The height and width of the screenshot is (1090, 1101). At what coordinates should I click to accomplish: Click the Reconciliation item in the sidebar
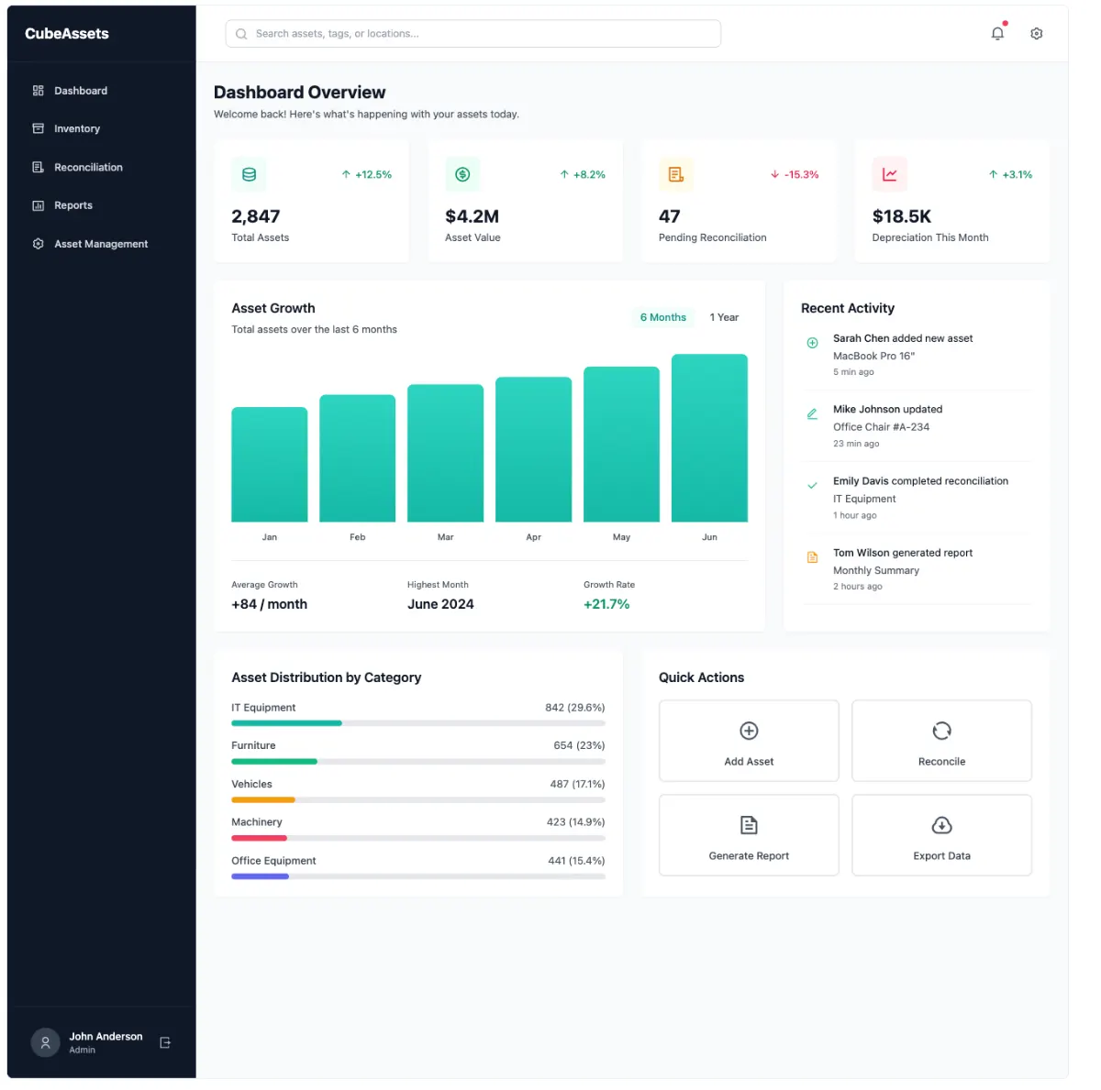tap(88, 168)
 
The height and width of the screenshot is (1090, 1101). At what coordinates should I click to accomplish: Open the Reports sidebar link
tap(73, 205)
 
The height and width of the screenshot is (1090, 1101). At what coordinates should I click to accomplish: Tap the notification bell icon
tap(997, 34)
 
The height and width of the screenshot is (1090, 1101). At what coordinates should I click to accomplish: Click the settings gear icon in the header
tap(1036, 34)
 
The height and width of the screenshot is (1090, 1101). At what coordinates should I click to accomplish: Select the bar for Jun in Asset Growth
tap(709, 438)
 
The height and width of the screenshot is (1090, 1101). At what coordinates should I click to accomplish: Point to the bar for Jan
tap(269, 464)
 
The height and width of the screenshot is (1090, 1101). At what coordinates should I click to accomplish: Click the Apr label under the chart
tap(533, 537)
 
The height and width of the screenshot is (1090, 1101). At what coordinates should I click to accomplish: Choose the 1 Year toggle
tap(724, 317)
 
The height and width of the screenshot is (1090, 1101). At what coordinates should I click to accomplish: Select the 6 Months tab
tap(662, 317)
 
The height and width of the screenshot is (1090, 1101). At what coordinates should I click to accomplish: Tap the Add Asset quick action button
tap(749, 741)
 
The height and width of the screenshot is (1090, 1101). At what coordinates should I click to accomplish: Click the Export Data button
tap(941, 835)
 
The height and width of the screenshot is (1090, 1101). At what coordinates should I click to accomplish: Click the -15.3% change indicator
tap(795, 174)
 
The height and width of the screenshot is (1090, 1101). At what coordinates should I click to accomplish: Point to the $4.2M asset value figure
tap(472, 216)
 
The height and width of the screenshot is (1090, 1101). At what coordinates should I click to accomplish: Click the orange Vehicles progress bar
tap(263, 800)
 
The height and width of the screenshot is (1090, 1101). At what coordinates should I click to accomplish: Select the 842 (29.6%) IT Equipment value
tap(574, 708)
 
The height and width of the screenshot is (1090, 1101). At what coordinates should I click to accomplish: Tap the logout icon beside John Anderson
tap(165, 1042)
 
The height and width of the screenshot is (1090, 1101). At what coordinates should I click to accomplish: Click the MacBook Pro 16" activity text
tap(873, 356)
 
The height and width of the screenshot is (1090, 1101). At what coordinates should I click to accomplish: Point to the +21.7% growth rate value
tap(606, 604)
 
